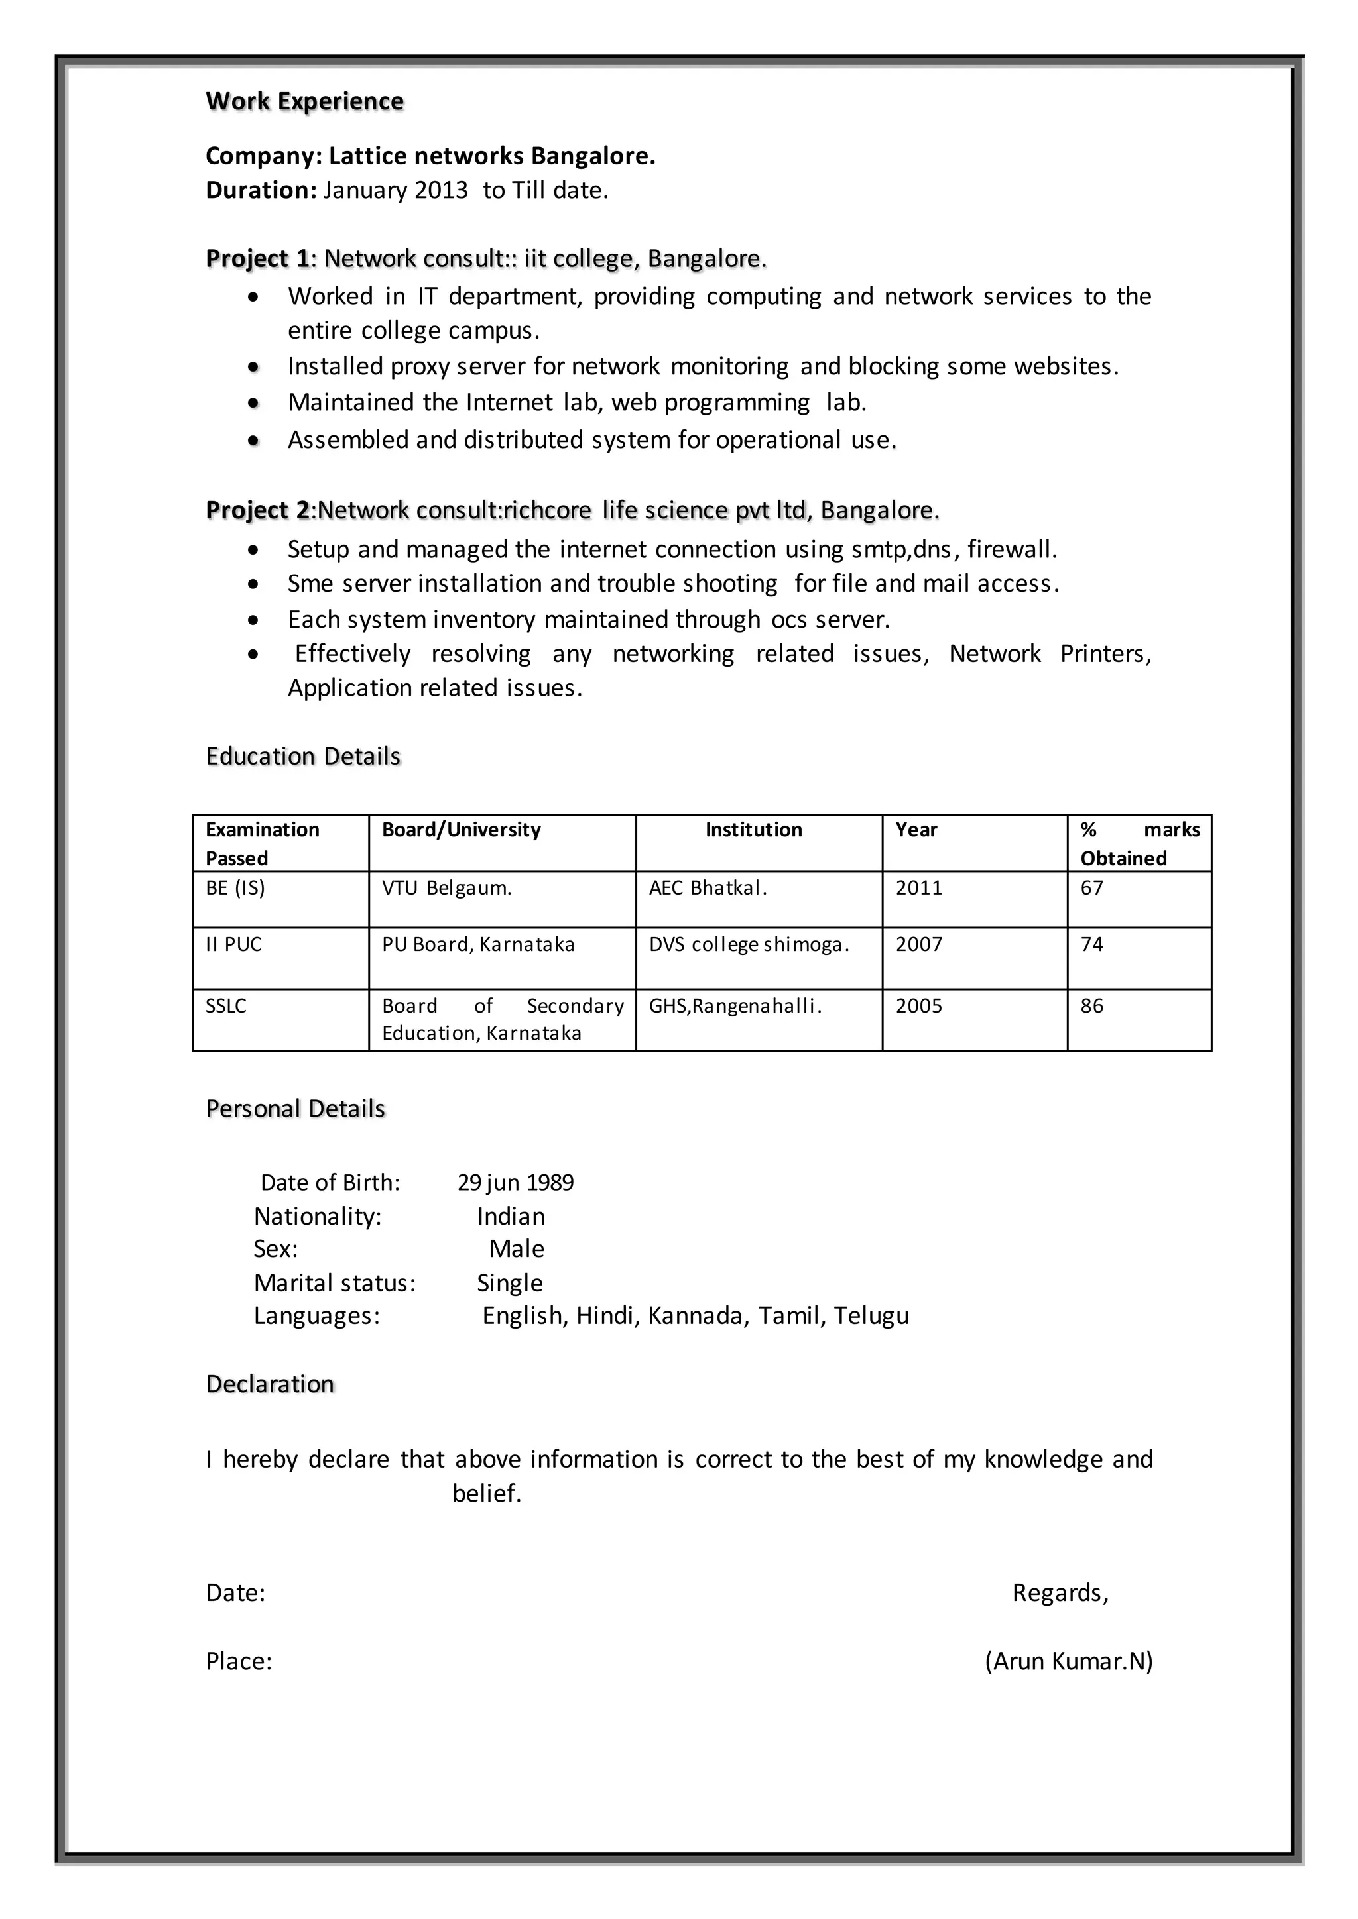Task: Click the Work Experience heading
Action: point(304,101)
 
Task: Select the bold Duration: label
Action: point(261,191)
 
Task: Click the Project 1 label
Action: point(257,259)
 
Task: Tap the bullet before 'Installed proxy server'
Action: point(253,367)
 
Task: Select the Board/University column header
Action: point(461,830)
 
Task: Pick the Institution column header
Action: point(753,830)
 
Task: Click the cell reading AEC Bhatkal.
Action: point(708,889)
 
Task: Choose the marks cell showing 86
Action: point(1091,1007)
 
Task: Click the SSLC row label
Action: point(225,1007)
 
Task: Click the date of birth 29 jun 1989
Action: point(515,1183)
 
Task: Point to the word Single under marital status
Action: point(509,1283)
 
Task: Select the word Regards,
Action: point(1060,1593)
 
